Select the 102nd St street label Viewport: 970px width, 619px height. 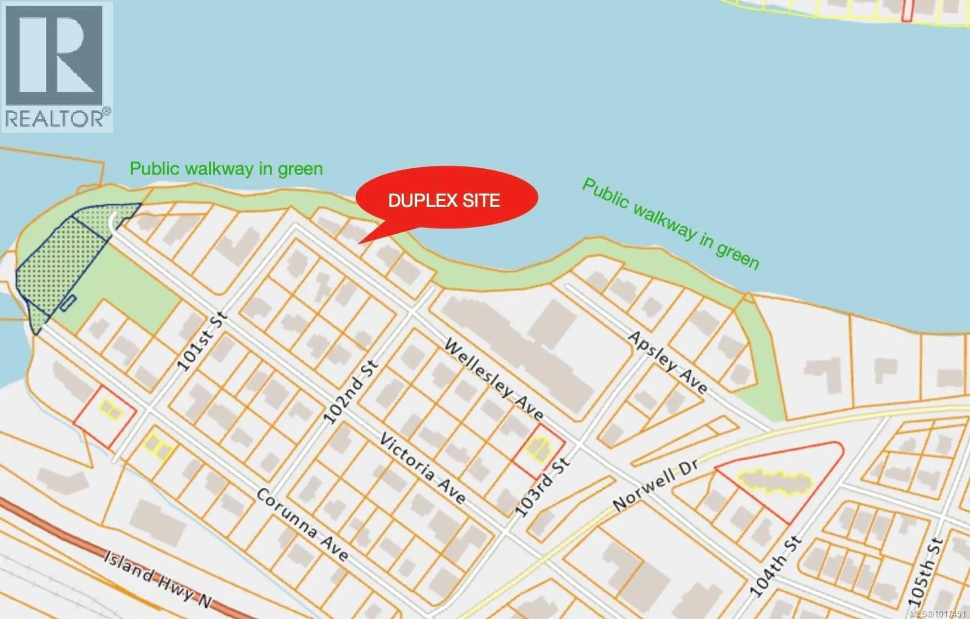click(x=350, y=392)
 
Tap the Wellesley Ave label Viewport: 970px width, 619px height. click(x=494, y=380)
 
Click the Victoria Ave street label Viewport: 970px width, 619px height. click(x=422, y=469)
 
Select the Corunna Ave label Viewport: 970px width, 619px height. click(x=302, y=525)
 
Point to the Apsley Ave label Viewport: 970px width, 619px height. click(x=667, y=362)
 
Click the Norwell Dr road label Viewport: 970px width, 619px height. click(x=655, y=485)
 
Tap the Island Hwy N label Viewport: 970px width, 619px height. click(x=158, y=579)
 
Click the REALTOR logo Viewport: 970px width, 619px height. click(x=57, y=67)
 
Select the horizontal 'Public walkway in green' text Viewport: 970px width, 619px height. click(x=226, y=169)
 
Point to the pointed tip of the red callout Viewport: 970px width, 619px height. click(x=360, y=243)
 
